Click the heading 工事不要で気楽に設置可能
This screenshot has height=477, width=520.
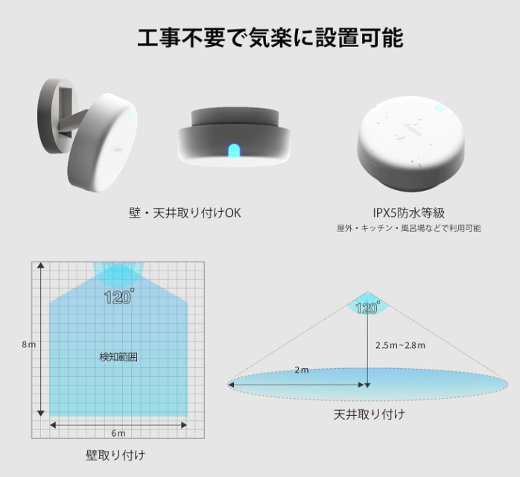[x=270, y=38]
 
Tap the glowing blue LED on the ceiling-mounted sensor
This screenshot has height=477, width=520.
[x=233, y=151]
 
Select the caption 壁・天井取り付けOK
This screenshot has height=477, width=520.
[x=185, y=213]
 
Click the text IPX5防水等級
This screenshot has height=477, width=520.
[x=408, y=212]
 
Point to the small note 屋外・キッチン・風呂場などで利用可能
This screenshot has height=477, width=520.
[x=408, y=228]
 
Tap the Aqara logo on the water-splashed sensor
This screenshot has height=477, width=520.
[x=412, y=129]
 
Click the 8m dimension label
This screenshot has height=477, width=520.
[x=29, y=344]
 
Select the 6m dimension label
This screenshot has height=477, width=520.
[x=118, y=433]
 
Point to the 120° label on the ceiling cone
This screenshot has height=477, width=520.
[x=367, y=308]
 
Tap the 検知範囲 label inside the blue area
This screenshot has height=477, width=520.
[x=118, y=357]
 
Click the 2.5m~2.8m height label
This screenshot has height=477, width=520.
[x=400, y=345]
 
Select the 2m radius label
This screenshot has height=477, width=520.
[x=302, y=370]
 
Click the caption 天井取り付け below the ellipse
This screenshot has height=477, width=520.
[x=369, y=414]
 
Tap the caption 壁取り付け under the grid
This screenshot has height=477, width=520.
[x=115, y=455]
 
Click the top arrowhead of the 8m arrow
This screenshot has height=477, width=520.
[x=41, y=265]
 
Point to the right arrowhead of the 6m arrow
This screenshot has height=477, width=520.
[x=184, y=425]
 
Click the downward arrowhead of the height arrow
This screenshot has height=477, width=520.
[x=367, y=385]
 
